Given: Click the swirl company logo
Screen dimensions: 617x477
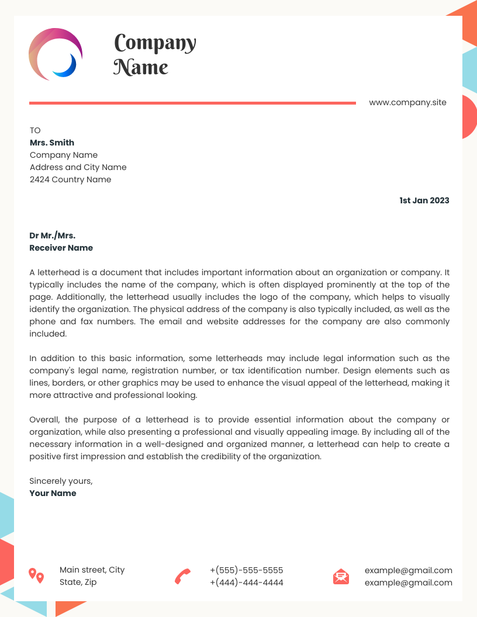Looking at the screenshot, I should [x=55, y=53].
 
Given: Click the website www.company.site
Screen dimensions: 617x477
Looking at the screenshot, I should [x=407, y=103].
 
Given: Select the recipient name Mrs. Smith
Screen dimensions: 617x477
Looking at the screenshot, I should [x=52, y=143].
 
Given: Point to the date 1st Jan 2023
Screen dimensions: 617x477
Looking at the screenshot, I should [x=424, y=200].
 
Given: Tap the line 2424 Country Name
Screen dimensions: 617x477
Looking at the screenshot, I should [x=70, y=179].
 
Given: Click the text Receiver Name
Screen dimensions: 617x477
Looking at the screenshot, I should [x=61, y=248].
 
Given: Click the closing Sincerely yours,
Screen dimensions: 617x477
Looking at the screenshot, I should [x=61, y=481].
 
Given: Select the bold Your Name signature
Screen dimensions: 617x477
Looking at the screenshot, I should [x=53, y=493].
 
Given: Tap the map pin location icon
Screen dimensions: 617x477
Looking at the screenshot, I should [x=36, y=576].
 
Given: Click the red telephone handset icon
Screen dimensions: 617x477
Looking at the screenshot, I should [x=183, y=576].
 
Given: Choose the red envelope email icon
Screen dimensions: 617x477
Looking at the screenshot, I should [x=341, y=576].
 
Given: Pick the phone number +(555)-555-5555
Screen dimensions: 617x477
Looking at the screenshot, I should [x=246, y=570].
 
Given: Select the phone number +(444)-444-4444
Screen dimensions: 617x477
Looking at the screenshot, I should [x=246, y=583].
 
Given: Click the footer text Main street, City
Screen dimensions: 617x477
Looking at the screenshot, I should [x=92, y=570].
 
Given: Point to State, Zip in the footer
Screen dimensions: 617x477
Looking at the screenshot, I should [x=78, y=582].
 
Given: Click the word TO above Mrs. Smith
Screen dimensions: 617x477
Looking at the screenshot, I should [x=35, y=130].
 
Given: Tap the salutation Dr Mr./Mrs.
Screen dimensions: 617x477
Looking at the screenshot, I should [x=52, y=235].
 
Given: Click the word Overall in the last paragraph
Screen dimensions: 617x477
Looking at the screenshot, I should [x=44, y=420].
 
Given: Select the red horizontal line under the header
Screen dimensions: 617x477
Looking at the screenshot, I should [x=192, y=103].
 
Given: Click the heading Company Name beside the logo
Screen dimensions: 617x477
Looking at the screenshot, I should [x=154, y=54].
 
